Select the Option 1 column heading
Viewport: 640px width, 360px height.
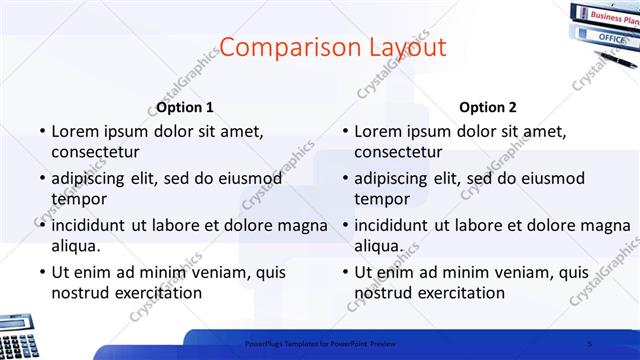[x=185, y=107]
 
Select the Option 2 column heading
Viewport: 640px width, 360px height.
[x=488, y=107]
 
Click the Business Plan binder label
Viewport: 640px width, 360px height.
[x=613, y=17]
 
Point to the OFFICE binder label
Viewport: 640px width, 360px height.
[x=611, y=37]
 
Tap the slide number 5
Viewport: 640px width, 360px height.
[x=590, y=343]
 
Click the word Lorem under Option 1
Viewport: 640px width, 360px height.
[x=75, y=131]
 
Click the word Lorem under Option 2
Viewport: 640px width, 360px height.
[x=378, y=131]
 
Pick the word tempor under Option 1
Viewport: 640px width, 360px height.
[x=76, y=198]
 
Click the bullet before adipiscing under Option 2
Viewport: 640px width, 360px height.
[x=345, y=178]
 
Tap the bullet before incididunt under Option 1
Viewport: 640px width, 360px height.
[x=42, y=224]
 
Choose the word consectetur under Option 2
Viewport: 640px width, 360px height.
[x=398, y=152]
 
